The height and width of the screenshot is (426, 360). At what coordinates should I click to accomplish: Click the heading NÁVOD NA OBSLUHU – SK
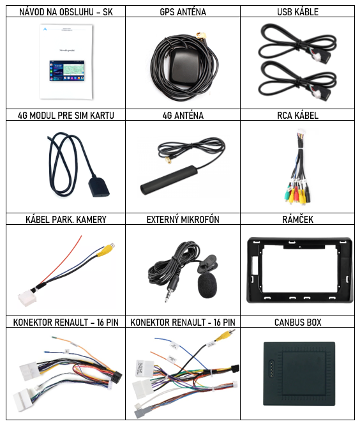click(x=66, y=12)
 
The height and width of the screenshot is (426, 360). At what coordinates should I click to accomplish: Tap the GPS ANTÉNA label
click(x=183, y=12)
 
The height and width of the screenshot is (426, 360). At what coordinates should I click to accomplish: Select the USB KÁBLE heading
click(x=298, y=12)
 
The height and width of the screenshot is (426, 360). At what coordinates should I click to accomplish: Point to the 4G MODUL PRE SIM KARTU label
click(x=66, y=116)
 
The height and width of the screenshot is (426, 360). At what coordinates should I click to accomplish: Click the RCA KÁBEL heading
click(x=298, y=116)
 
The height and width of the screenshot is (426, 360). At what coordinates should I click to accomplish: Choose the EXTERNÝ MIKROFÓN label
click(x=183, y=220)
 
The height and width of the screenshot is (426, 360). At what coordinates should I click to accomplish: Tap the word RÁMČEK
click(x=298, y=220)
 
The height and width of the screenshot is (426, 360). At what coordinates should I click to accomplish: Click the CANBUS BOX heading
click(x=298, y=323)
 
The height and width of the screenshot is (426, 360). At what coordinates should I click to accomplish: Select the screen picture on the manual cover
click(x=67, y=71)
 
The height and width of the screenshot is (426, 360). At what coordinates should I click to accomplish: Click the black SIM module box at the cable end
click(x=98, y=186)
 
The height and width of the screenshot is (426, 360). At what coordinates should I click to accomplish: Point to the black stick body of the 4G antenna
click(x=170, y=179)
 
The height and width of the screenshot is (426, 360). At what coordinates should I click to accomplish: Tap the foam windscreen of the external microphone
click(x=207, y=286)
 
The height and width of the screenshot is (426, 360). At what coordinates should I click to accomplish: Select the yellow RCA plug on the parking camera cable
click(x=109, y=249)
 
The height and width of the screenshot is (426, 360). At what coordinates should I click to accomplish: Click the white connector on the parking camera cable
click(x=27, y=298)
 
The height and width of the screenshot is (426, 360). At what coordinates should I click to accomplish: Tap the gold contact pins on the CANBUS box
click(x=271, y=369)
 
